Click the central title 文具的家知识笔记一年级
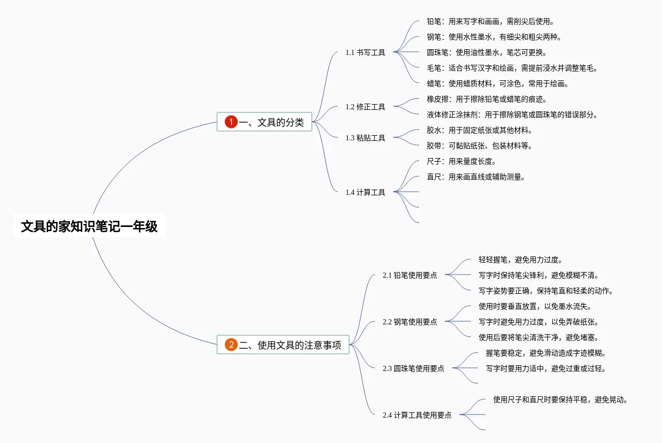coord(89,226)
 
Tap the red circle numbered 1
coord(231,122)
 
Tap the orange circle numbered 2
coord(231,345)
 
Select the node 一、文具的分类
coord(271,122)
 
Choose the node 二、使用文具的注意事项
coord(290,345)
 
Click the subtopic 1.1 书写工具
coord(365,52)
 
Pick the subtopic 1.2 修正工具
coord(365,107)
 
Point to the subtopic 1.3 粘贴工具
coord(365,138)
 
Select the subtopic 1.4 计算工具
coord(365,192)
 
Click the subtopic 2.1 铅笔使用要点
coord(409,275)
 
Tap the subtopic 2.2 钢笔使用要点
coord(409,322)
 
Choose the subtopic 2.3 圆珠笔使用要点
coord(413,368)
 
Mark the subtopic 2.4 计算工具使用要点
coord(416,415)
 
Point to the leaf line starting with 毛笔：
coord(512,68)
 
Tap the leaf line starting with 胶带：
coord(479,146)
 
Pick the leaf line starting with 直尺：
coord(476,177)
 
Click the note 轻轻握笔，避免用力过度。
coord(520,260)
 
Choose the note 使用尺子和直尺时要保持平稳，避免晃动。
coord(560,399)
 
